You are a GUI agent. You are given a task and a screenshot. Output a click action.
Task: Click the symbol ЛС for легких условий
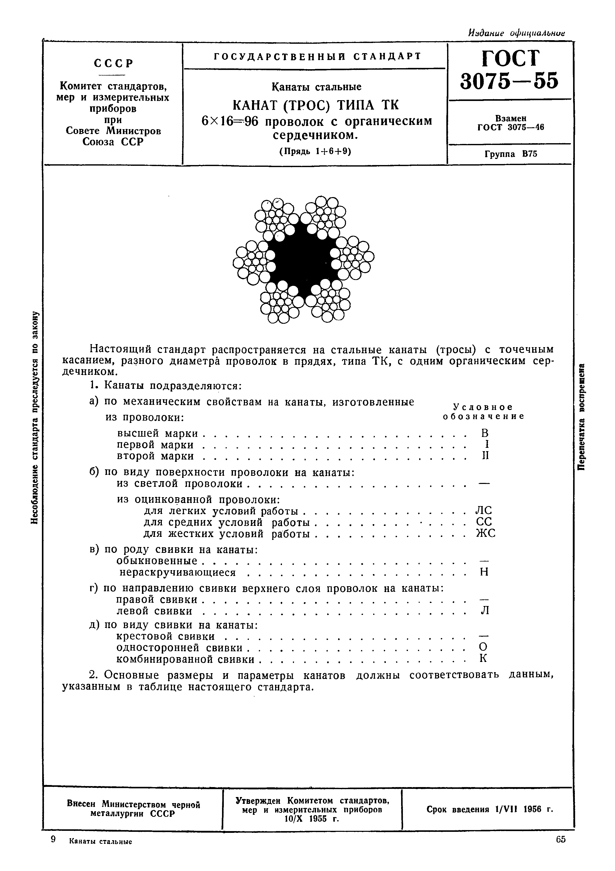pos(484,511)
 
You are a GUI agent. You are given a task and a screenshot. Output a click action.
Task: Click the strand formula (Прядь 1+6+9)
pos(315,151)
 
